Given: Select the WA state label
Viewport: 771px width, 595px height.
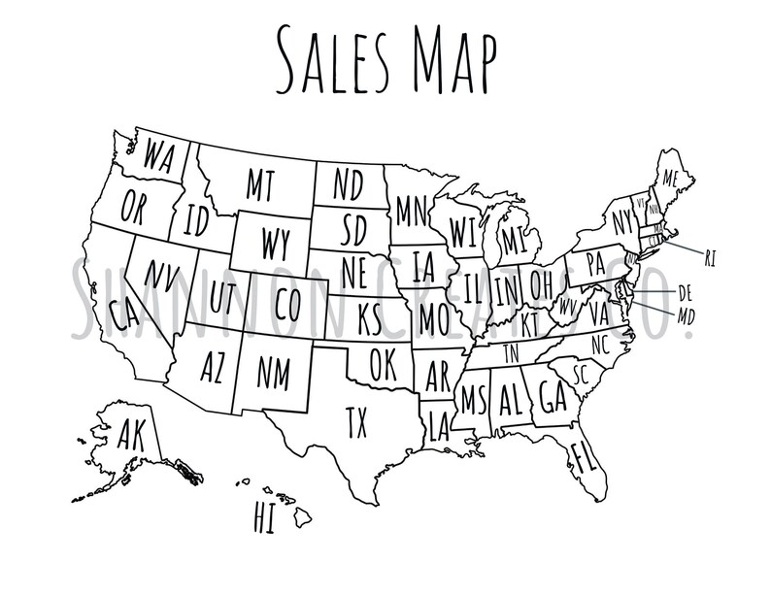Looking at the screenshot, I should tap(159, 155).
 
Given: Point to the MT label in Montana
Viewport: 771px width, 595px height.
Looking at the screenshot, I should tap(259, 182).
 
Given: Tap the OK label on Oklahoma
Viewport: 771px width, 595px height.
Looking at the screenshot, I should tap(385, 366).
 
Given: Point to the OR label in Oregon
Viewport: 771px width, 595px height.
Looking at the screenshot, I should tap(134, 207).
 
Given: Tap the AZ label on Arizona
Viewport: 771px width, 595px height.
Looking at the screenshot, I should tap(212, 367).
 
